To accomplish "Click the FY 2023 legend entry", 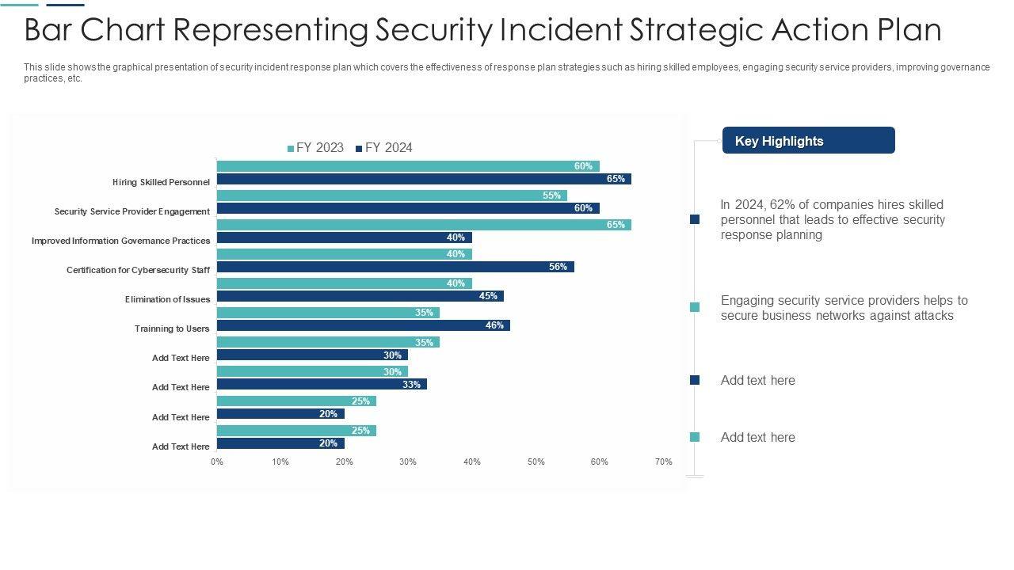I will coord(316,148).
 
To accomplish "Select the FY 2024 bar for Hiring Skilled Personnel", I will coord(424,179).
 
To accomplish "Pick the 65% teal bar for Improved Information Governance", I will coord(424,225).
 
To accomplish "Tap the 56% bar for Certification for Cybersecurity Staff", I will coord(395,267).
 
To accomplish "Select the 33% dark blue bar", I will coord(322,384).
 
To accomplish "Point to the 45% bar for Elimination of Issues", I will coord(360,296).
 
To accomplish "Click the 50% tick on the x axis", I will coord(536,462).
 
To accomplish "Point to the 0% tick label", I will coord(217,462).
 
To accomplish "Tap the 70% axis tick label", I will coord(664,462).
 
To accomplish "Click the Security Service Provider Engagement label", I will coord(132,211).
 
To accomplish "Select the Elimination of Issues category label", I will coord(167,299).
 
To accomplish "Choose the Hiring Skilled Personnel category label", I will coord(161,182).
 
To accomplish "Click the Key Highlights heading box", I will coord(808,141).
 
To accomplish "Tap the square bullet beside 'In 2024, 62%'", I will coord(695,219).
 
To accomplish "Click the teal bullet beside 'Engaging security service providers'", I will coord(695,307).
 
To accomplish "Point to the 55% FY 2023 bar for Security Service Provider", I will coord(391,196).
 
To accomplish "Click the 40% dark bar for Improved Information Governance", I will coord(344,237).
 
